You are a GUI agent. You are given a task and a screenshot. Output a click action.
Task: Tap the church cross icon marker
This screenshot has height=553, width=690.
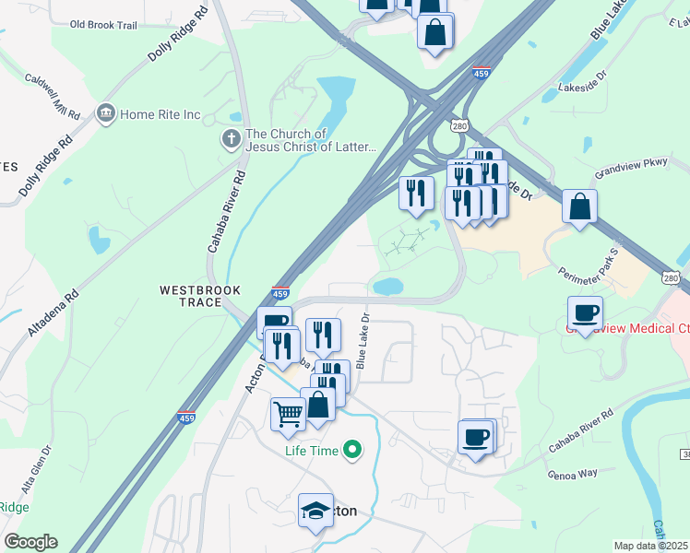click(230, 140)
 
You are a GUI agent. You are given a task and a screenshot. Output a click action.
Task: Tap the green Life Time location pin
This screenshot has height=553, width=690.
click(351, 450)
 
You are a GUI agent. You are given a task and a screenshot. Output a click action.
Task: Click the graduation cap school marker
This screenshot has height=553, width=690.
click(315, 510)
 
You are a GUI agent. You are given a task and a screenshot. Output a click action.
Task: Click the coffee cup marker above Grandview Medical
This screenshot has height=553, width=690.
click(585, 311)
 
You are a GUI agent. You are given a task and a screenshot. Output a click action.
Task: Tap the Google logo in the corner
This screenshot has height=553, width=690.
click(30, 542)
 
